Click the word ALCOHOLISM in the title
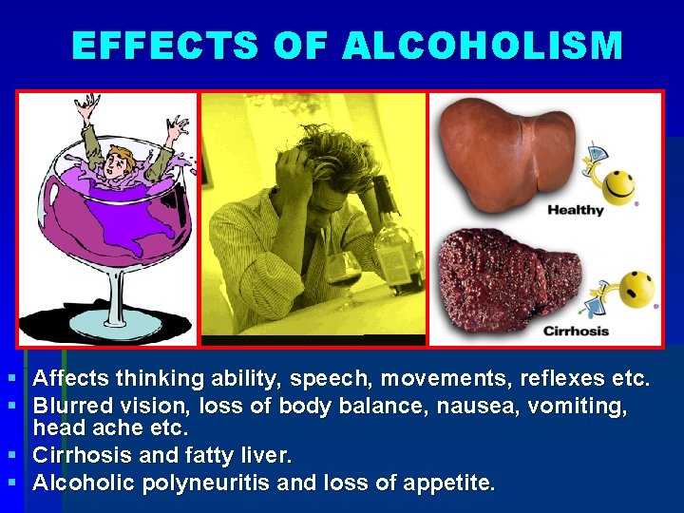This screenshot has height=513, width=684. coord(483,46)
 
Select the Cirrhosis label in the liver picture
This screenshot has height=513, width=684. coord(576,331)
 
